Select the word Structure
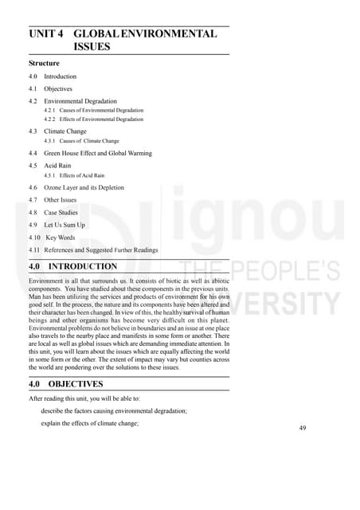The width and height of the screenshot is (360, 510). tap(45, 62)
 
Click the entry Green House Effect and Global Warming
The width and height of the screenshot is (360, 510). tap(98, 153)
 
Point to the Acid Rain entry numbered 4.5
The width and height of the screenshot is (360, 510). tap(57, 165)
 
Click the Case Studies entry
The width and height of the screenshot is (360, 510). tap(62, 213)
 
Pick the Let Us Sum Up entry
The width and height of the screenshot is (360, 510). tap(64, 225)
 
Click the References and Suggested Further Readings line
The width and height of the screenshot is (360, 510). tap(101, 249)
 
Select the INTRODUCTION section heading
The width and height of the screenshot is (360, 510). tap(83, 266)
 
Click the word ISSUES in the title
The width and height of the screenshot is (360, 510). tap(92, 47)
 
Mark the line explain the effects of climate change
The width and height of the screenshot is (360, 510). tap(89, 423)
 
